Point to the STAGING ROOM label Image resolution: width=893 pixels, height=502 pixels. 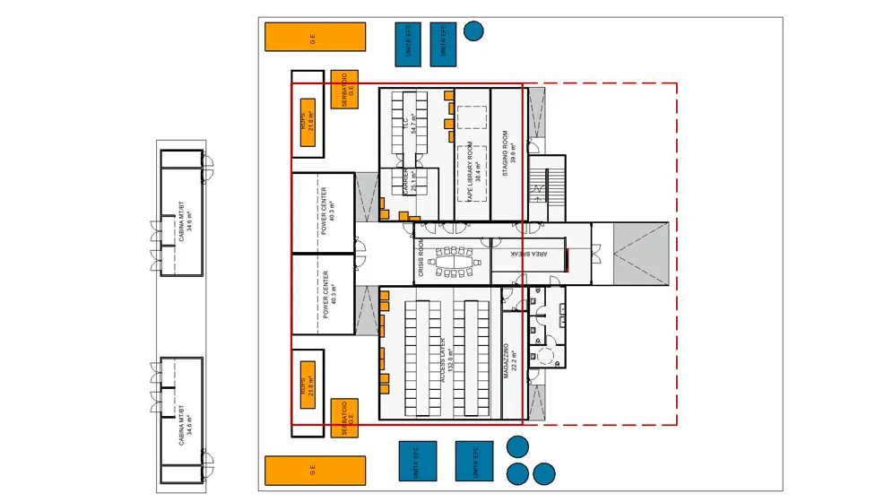506,154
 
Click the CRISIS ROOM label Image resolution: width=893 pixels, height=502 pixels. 421,259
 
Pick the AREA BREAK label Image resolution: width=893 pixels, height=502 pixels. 528,254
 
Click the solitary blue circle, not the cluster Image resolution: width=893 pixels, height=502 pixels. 473,30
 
